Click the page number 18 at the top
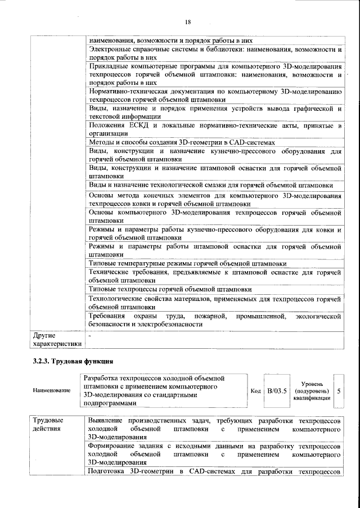coord(188,22)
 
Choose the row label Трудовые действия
coord(48,425)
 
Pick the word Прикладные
coord(110,66)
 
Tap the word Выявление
coord(108,421)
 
